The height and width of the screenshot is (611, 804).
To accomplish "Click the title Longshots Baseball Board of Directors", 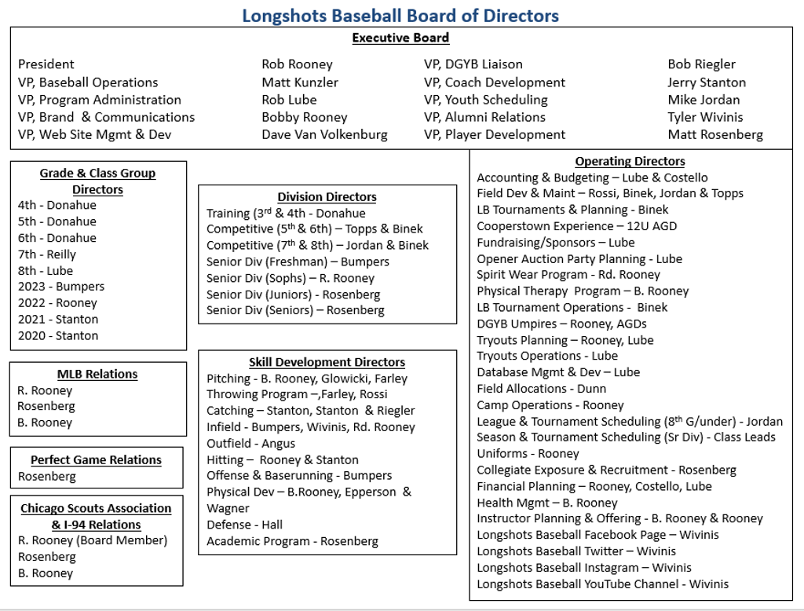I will (x=400, y=15).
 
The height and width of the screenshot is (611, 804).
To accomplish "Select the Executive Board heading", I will (x=400, y=38).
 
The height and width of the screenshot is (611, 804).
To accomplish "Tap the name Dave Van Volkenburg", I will (x=324, y=134).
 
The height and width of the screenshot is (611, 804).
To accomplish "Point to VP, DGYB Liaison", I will (x=473, y=64).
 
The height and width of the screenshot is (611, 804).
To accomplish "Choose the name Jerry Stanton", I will (x=707, y=82).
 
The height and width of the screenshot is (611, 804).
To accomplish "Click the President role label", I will (x=46, y=64).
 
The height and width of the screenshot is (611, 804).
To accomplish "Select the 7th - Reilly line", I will (x=47, y=254).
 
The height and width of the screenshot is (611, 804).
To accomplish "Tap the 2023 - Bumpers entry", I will (x=61, y=287).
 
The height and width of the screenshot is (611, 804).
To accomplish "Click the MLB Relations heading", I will (x=97, y=374).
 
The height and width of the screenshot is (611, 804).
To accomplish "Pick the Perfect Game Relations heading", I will (x=96, y=459).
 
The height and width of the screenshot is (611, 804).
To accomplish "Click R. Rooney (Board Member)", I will (x=93, y=540).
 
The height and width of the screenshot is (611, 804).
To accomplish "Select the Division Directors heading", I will (x=327, y=197).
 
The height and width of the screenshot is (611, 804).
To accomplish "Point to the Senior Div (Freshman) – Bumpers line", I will (x=298, y=262).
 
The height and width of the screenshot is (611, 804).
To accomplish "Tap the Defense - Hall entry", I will (x=244, y=525).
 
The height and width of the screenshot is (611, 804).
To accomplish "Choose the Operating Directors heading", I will (x=630, y=161).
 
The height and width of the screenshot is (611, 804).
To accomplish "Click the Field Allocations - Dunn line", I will (x=541, y=389).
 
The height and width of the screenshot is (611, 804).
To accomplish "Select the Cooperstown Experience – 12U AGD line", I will (x=576, y=226).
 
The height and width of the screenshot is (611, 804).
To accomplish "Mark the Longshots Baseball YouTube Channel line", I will (x=602, y=584).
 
